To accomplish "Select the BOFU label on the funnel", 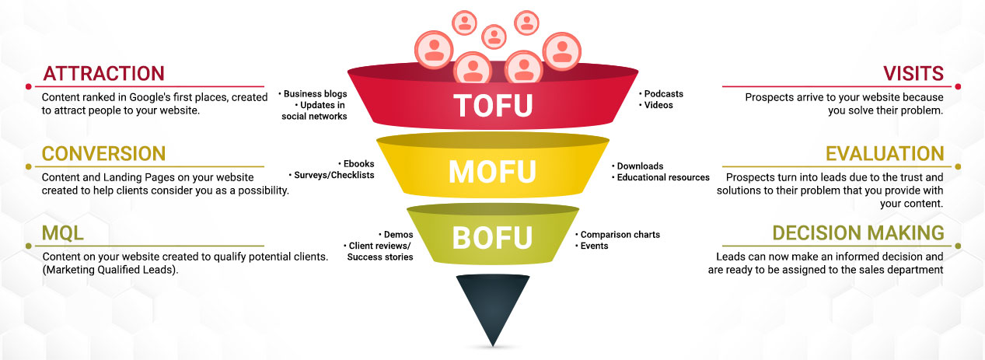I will point(492,236).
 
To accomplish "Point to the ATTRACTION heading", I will point(103,74).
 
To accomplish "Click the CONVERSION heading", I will point(103,153).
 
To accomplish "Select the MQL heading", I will point(63,232).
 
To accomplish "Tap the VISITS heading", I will point(913,74).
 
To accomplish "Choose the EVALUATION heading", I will point(885,153).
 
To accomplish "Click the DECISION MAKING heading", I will point(858,232).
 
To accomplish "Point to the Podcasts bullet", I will point(662,94).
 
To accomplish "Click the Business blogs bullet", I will point(314,94).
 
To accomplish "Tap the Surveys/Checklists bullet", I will point(333,175).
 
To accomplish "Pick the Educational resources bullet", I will point(662,177).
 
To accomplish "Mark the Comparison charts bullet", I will point(619,234).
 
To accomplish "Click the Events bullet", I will point(593,246).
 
